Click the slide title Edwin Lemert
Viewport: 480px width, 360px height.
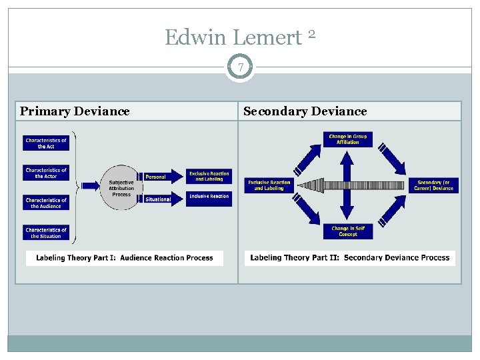coord(233,38)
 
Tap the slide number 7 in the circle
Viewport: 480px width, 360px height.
coord(240,67)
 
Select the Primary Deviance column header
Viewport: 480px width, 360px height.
coord(75,111)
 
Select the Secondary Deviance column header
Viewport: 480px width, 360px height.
coord(305,111)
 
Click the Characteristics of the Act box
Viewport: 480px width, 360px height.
coord(46,143)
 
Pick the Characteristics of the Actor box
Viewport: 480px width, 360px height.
coord(46,173)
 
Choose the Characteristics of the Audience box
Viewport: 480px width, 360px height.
coord(46,203)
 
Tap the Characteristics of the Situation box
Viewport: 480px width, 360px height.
coord(46,233)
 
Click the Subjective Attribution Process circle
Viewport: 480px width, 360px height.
coord(121,187)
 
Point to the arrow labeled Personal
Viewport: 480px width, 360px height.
coord(162,177)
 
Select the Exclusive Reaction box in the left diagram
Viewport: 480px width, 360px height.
coord(209,176)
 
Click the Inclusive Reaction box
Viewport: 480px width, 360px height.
coord(209,197)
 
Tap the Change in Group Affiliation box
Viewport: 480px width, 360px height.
coord(347,139)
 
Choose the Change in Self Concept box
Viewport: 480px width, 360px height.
coord(348,231)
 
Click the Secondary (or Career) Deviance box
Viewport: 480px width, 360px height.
coord(433,185)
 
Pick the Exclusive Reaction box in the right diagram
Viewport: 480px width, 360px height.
coord(269,185)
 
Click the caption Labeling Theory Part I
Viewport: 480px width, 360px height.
coord(125,258)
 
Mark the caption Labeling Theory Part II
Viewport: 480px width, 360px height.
coord(349,258)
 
